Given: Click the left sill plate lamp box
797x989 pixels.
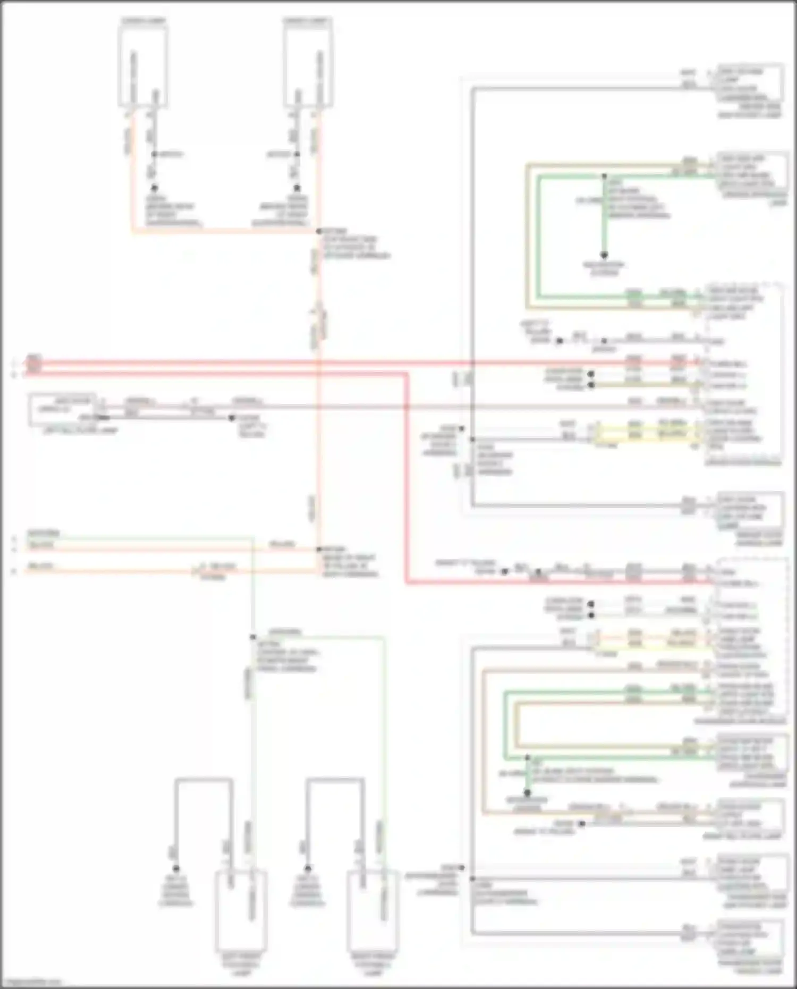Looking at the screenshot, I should click(x=63, y=410).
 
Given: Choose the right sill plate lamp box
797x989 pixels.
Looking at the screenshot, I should click(x=750, y=815).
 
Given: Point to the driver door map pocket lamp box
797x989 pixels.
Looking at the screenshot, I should click(x=750, y=83).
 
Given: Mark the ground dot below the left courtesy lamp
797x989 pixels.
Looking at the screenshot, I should click(x=155, y=188).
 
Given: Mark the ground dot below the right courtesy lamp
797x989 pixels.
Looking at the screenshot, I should click(x=297, y=188).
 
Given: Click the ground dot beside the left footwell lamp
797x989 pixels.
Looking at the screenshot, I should click(x=176, y=868).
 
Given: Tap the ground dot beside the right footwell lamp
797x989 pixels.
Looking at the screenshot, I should click(x=308, y=868).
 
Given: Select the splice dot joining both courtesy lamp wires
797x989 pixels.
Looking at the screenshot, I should click(x=319, y=232).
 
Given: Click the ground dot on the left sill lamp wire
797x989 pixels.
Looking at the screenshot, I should click(x=232, y=418).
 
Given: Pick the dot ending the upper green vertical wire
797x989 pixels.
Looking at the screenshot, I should click(x=604, y=255).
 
